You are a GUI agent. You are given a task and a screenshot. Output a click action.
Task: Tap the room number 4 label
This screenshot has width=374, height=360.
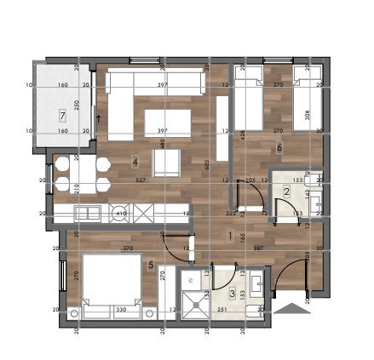click(135, 161)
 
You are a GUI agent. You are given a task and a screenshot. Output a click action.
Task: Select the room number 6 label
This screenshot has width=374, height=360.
click(280, 147)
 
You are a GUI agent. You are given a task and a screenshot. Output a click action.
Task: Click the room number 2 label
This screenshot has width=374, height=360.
click(287, 192)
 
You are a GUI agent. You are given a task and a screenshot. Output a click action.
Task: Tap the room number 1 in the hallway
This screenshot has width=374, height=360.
click(230, 238)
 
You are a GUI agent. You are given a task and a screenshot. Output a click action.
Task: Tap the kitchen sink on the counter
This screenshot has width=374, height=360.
click(86, 213)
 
